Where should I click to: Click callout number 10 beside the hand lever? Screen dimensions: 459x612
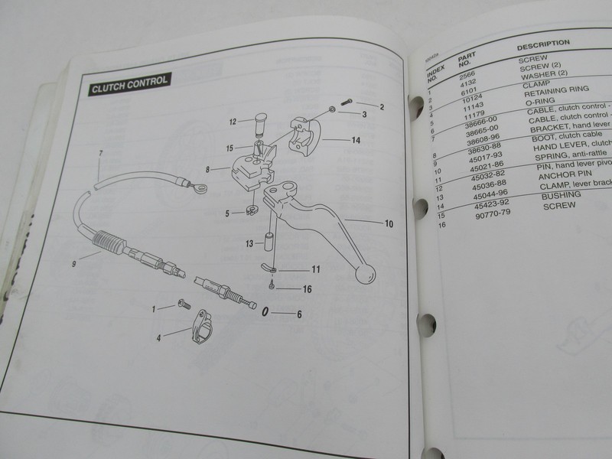tap(389, 225)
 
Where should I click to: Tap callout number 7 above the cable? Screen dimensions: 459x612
tap(100, 154)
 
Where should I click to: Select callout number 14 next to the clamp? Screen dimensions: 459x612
tap(356, 140)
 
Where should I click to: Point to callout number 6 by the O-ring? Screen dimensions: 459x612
tap(299, 314)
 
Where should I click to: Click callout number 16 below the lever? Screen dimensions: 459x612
tap(307, 288)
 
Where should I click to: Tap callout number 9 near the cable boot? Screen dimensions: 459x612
tap(74, 264)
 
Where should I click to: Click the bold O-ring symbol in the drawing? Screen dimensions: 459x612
tap(265, 312)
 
